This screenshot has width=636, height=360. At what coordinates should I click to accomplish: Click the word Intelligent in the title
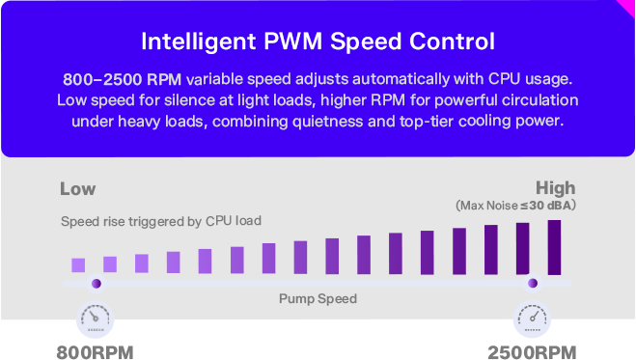pos(199,42)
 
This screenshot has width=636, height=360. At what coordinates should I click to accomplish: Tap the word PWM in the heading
pos(293,41)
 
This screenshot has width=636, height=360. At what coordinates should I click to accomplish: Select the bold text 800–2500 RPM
pos(123,79)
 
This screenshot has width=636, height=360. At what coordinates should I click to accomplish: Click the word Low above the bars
pos(78,189)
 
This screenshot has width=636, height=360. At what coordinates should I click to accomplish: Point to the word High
pos(555,188)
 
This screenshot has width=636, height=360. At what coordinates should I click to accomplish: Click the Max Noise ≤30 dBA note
pos(515,206)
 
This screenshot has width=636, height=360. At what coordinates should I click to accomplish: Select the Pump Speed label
pos(318,299)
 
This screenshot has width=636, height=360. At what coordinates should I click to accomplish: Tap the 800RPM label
pos(95,352)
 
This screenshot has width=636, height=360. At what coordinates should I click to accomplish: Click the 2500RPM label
pos(532,352)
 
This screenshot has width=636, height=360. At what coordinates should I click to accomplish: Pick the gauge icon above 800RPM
pos(95,319)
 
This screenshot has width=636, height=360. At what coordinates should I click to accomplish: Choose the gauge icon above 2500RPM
pos(532,319)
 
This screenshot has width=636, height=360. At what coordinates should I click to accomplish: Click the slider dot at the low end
pos(97,284)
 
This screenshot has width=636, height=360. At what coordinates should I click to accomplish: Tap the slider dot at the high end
pos(533,284)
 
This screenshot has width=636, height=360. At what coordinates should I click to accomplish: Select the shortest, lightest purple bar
pos(78,265)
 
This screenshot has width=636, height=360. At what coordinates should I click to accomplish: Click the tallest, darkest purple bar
pos(555,247)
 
